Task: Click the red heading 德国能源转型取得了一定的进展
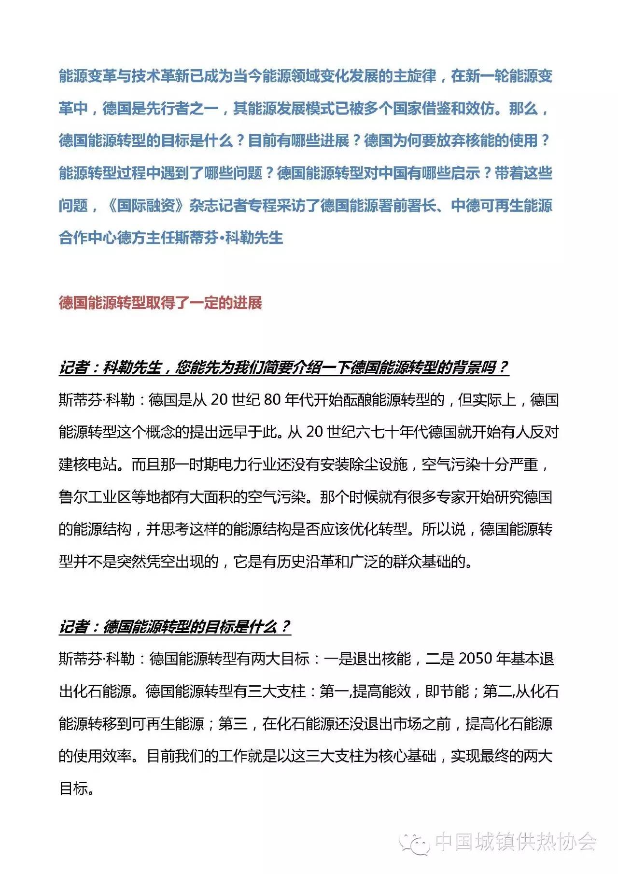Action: pos(160,303)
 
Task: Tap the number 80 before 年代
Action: pos(273,400)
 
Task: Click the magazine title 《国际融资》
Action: pos(145,205)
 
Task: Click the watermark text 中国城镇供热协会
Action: pos(516,842)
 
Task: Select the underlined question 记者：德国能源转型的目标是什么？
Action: pos(175,627)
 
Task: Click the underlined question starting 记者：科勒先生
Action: pos(283,367)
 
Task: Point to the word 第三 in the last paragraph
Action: pos(232,723)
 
